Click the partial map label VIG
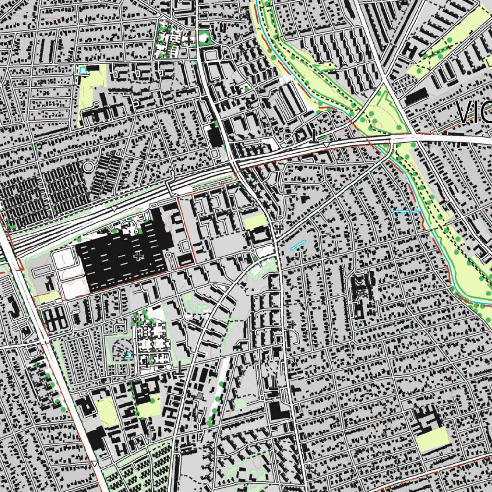pos(474,112)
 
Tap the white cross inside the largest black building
pos(139,256)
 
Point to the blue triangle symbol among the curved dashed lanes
pos(128,355)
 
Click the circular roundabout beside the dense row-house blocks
pos(88,167)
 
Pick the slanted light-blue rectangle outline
pos(297,245)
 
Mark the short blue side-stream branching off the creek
pos(406,211)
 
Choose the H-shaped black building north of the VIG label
pos(411,49)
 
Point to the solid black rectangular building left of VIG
pos(416,96)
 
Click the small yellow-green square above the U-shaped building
pos(255,221)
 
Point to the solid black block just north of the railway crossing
pos(215,137)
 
